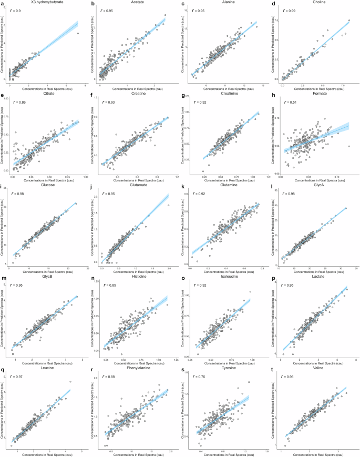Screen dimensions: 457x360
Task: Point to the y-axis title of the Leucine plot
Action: [x=4, y=410]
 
